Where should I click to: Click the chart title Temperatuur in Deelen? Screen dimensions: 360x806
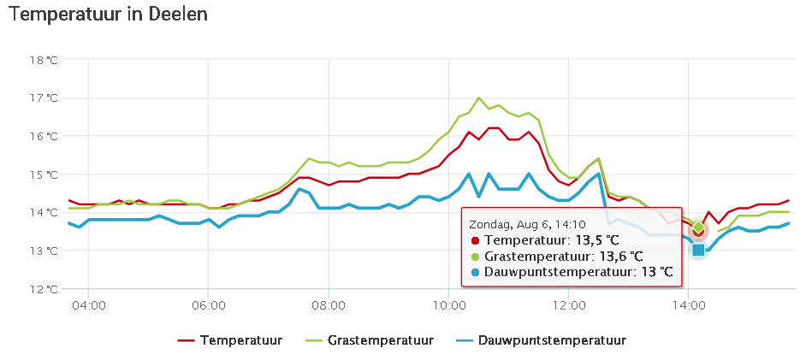pyautogui.click(x=108, y=15)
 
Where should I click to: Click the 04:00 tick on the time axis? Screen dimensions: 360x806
pyautogui.click(x=89, y=304)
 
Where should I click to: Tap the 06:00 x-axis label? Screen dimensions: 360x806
pyautogui.click(x=209, y=304)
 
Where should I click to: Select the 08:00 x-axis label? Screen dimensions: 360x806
pyautogui.click(x=329, y=304)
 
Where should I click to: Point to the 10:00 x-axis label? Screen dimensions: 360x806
pyautogui.click(x=448, y=304)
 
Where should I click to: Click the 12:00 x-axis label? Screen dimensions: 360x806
pyautogui.click(x=568, y=304)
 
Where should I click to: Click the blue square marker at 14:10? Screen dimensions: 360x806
pyautogui.click(x=698, y=250)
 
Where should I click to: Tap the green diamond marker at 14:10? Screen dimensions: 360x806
pyautogui.click(x=698, y=227)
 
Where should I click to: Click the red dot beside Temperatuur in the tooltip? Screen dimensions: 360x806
pyautogui.click(x=474, y=239)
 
